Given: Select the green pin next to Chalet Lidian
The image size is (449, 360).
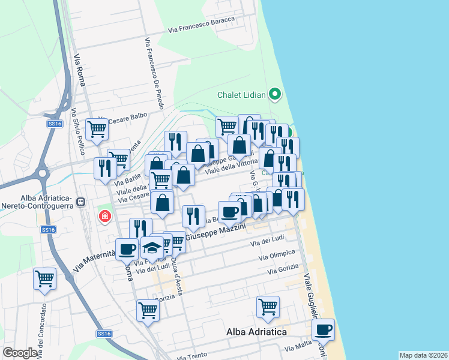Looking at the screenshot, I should pos(275,94).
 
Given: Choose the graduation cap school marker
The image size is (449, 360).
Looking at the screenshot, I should pos(152,247).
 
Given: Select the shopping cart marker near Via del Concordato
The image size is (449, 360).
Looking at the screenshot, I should pos(44,278).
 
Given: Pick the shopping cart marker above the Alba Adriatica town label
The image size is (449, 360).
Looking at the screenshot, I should pos(268,307).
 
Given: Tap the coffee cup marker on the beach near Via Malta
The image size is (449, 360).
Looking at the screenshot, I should pos(324,329).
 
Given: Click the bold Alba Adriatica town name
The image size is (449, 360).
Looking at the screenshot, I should pos(256,331).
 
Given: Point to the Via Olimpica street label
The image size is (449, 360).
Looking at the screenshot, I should pos(277,254).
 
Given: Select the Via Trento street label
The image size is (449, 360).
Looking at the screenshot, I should pos(193,356).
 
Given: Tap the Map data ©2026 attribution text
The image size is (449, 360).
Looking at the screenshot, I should pos(423,355).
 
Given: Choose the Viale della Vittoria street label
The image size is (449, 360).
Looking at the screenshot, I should pos(232,166).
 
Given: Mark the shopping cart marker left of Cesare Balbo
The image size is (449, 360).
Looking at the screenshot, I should pos(97,130).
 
